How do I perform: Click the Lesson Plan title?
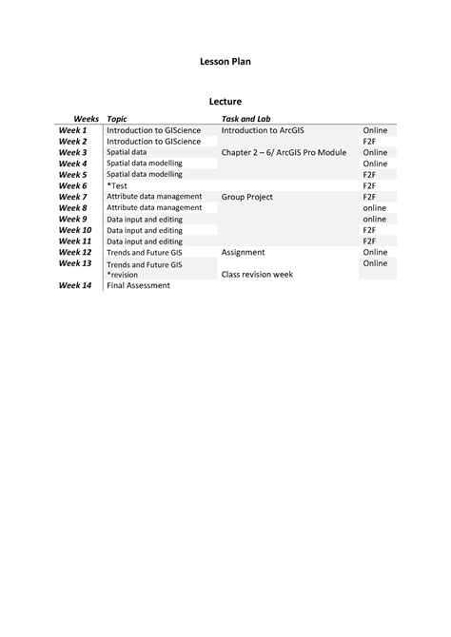(x=225, y=62)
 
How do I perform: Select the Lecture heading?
(x=225, y=101)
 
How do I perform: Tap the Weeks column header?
(x=87, y=118)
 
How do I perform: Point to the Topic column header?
(x=117, y=118)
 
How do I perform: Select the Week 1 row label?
(x=72, y=130)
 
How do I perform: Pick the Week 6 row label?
(x=72, y=185)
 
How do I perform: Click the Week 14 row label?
(x=75, y=285)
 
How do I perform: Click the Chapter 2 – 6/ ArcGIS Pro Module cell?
(x=284, y=152)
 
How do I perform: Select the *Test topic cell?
(x=118, y=185)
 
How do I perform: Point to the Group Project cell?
(x=247, y=197)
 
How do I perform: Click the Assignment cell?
(x=244, y=253)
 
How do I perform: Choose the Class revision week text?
(x=258, y=274)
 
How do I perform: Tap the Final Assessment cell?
(x=138, y=285)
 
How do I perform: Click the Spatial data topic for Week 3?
(x=127, y=152)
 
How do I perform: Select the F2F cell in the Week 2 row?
(x=370, y=141)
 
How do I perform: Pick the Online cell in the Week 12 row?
(x=375, y=253)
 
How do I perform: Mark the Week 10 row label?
(x=75, y=230)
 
